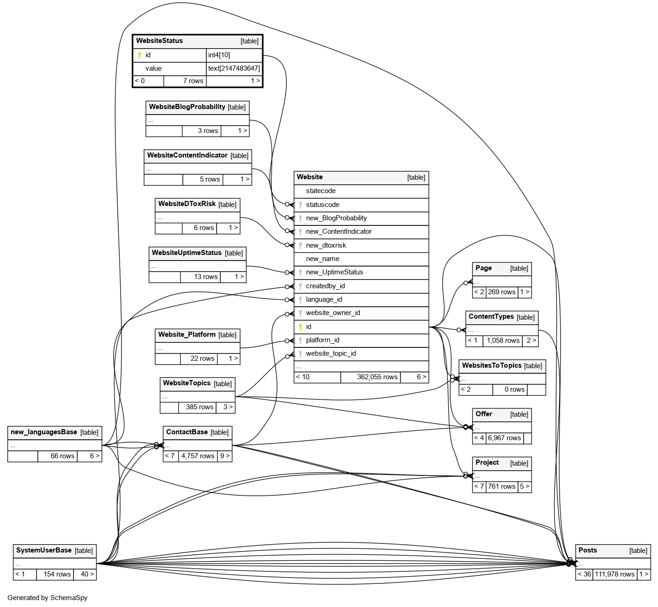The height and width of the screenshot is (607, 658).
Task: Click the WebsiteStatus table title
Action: coord(159,41)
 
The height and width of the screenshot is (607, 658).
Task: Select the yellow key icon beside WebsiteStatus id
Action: coord(139,55)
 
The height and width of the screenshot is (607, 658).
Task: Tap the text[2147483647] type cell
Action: coord(234,68)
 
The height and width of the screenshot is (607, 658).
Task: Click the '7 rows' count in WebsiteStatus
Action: coord(193,81)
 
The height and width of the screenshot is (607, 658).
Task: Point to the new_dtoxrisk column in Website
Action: coord(326,245)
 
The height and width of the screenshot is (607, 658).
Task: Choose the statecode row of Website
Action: coord(320,191)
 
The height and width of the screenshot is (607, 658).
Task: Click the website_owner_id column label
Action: coord(333,313)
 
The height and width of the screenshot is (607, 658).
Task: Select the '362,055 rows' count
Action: coord(377,377)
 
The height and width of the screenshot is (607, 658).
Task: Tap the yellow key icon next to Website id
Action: coord(300,327)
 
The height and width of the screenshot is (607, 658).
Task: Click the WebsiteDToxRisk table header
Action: coord(187,204)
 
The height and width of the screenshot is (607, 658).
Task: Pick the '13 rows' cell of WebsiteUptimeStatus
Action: coord(205,277)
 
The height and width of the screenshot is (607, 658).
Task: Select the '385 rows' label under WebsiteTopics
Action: coord(199,407)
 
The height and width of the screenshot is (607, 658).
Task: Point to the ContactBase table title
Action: coord(187,432)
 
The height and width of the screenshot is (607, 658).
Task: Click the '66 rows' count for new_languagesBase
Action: coord(62,456)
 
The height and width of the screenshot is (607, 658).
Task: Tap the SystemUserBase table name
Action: coord(43,550)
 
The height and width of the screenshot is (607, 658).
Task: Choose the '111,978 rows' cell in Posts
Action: coord(614,574)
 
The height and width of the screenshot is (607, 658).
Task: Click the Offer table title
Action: coord(483,414)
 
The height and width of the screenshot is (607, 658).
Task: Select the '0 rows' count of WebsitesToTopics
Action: coord(514,389)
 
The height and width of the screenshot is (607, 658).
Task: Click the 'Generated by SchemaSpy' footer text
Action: coord(47,598)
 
